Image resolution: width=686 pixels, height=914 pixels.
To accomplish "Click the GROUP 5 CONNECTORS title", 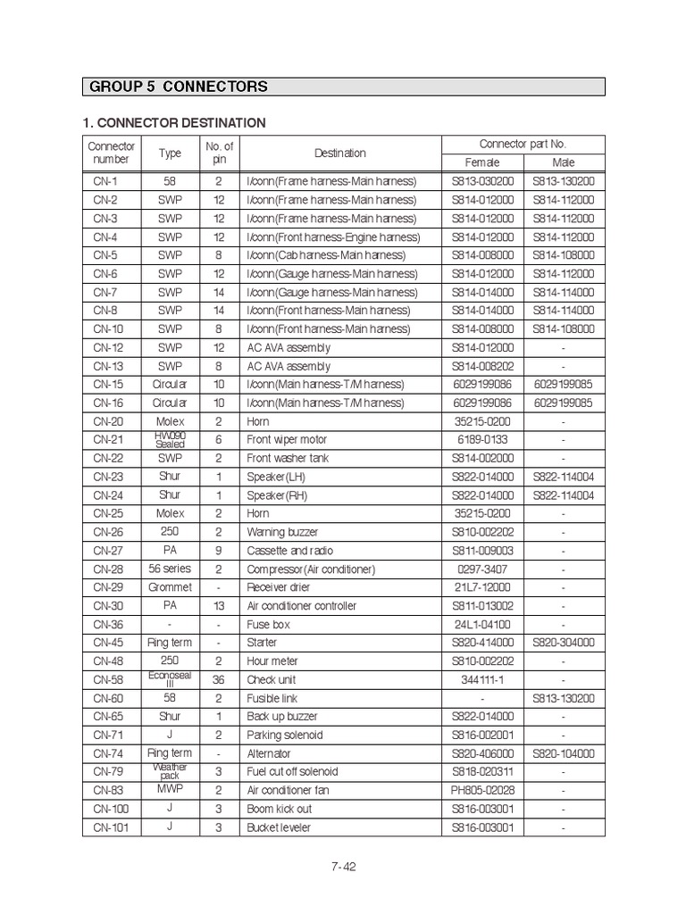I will (x=179, y=87).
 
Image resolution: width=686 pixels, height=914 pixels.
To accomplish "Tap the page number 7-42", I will (x=343, y=866).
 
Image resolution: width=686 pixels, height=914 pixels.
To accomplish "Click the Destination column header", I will (x=339, y=153).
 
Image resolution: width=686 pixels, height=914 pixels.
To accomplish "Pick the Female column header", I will (x=482, y=162).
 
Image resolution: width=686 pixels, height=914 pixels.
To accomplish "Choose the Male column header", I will (x=564, y=162).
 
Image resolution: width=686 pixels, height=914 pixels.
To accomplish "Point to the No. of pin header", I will (x=219, y=153).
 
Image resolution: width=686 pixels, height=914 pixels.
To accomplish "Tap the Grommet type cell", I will (x=170, y=587).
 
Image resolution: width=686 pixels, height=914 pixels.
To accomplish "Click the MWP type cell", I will (x=170, y=789).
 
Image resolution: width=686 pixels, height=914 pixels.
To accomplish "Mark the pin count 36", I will (x=219, y=679).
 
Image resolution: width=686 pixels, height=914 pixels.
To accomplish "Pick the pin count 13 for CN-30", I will (x=219, y=606).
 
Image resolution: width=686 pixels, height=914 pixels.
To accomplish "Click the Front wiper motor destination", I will (x=287, y=440).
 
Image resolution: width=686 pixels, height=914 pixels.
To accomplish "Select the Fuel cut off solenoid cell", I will (x=292, y=772).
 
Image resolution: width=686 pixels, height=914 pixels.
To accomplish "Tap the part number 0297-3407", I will (x=482, y=569).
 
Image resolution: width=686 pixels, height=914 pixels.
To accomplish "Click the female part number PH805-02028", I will (x=482, y=790).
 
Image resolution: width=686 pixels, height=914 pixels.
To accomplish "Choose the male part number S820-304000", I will (x=564, y=643).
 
